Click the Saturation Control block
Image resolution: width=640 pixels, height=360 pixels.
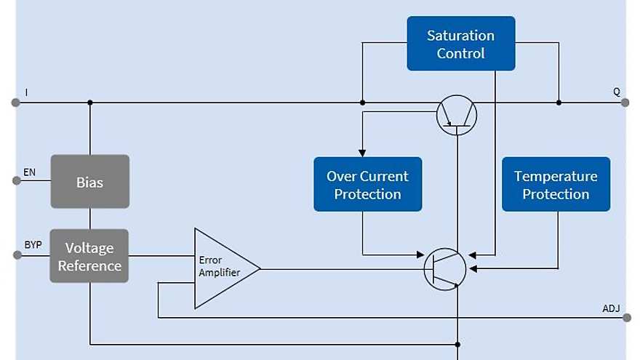460,44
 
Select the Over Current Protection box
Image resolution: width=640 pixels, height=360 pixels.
367,185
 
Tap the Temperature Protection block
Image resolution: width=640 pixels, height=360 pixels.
556,185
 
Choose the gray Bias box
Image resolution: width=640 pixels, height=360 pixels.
89,182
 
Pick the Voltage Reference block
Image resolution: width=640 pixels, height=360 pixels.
89,256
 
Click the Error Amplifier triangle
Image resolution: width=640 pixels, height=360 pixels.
222,269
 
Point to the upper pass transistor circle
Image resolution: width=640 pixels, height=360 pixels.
457,115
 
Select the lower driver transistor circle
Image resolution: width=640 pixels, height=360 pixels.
445,269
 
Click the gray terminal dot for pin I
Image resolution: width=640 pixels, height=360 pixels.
15,103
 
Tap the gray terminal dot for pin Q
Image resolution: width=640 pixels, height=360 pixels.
625,103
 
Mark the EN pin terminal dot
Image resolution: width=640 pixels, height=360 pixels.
16,180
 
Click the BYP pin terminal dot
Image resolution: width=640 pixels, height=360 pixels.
16,255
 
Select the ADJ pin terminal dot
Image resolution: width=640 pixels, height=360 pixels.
627,318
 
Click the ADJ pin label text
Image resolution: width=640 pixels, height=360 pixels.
611,308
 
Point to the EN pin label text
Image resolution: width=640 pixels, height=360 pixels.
29,172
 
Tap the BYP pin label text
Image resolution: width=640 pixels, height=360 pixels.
33,245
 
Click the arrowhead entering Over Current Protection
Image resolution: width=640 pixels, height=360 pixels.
362,153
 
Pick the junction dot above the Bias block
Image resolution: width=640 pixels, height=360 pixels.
89,103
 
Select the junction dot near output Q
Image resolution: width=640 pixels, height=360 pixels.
559,103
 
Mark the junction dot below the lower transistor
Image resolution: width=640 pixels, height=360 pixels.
457,344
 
